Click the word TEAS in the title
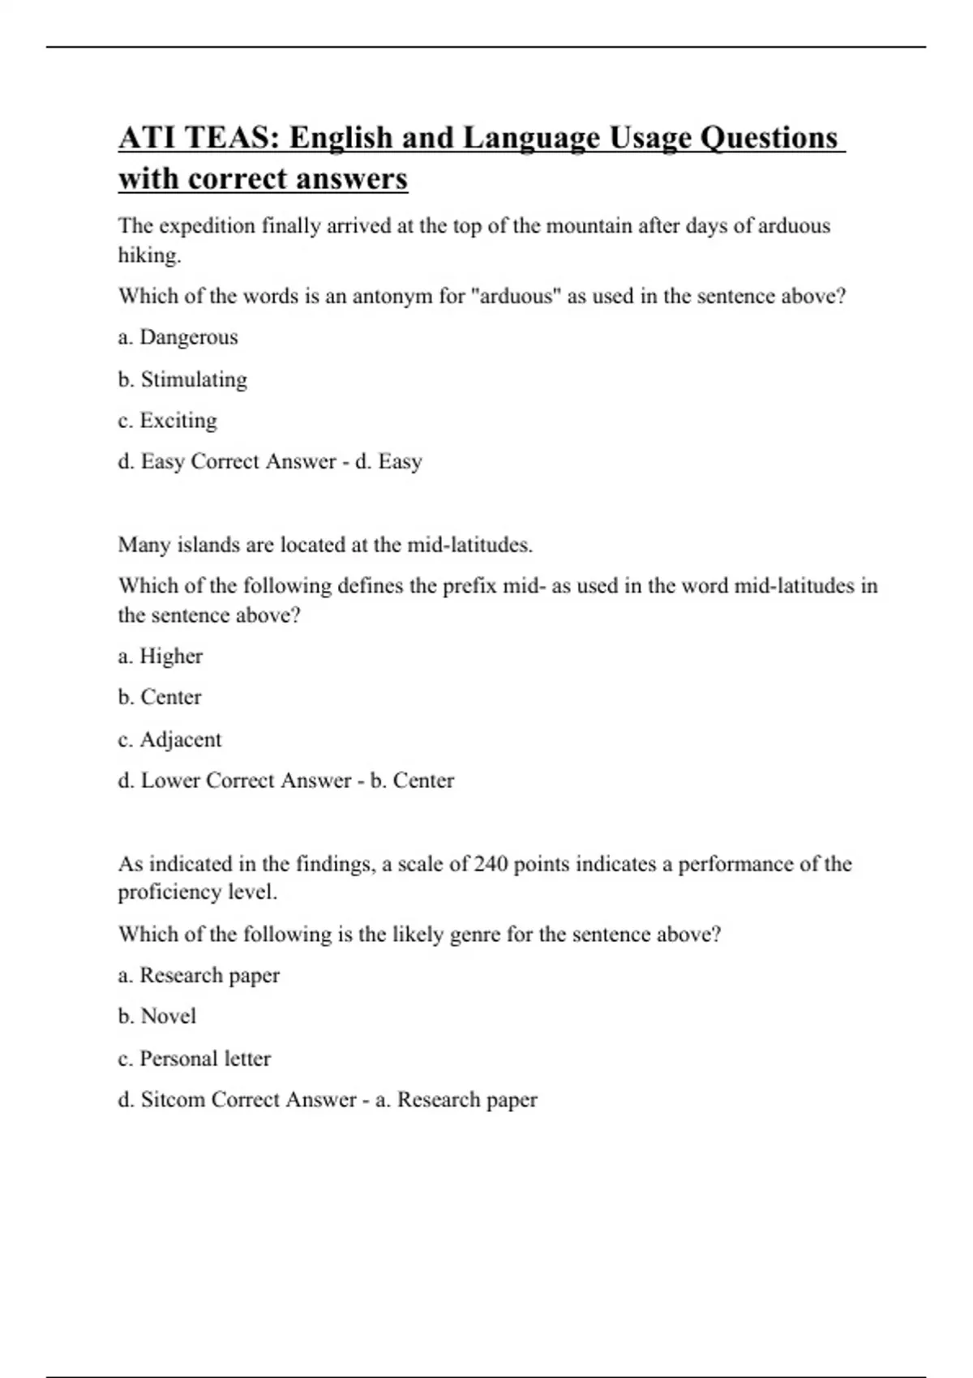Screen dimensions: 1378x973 (x=229, y=138)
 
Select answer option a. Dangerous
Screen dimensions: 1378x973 (x=178, y=337)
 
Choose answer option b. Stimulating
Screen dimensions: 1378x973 (x=182, y=379)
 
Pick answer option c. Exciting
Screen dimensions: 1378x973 (x=168, y=421)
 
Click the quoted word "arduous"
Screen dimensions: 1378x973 (x=516, y=296)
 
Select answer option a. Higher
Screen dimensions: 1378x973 (x=161, y=656)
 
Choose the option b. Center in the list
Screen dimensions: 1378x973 (x=160, y=697)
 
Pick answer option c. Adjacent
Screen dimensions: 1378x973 (x=169, y=739)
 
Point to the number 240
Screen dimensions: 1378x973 (x=491, y=864)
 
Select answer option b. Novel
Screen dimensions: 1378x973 (x=157, y=1016)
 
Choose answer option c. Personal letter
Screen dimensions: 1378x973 (x=195, y=1059)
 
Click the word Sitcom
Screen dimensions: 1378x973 (x=173, y=1100)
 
